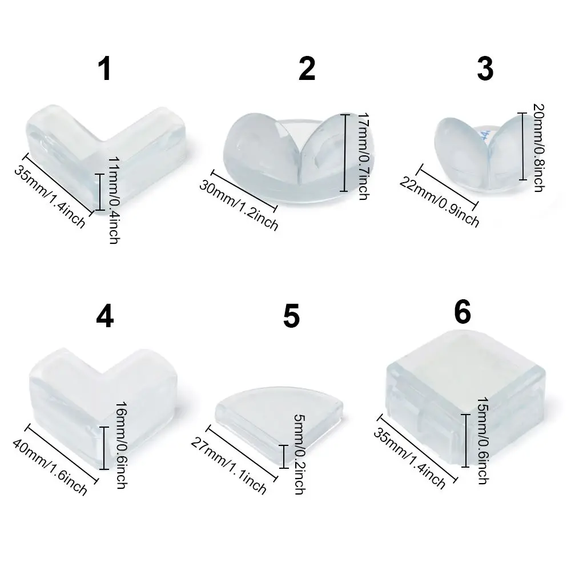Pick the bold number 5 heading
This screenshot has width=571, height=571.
291,317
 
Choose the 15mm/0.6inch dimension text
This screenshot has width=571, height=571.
483,440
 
